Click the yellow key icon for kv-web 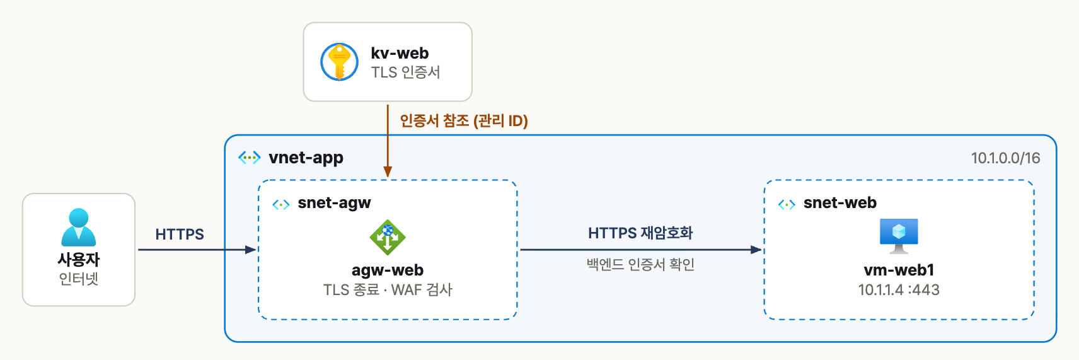pyautogui.click(x=340, y=62)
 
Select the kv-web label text pyautogui.click(x=400, y=53)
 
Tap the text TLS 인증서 pyautogui.click(x=406, y=73)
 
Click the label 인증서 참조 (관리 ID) pyautogui.click(x=464, y=120)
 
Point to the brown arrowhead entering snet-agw pyautogui.click(x=388, y=172)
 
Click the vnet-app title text pyautogui.click(x=306, y=158)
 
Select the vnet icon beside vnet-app pyautogui.click(x=250, y=158)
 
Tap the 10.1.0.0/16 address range pyautogui.click(x=1005, y=158)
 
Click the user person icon pyautogui.click(x=79, y=227)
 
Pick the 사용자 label pyautogui.click(x=79, y=260)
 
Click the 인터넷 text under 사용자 pyautogui.click(x=79, y=279)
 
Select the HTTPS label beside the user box pyautogui.click(x=180, y=234)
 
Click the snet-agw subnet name pyautogui.click(x=334, y=203)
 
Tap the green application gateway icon pyautogui.click(x=388, y=237)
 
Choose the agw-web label pyautogui.click(x=388, y=270)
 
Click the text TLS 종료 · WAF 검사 pyautogui.click(x=388, y=289)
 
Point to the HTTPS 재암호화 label pyautogui.click(x=640, y=233)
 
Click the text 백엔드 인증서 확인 pyautogui.click(x=640, y=265)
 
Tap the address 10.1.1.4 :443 pyautogui.click(x=899, y=289)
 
